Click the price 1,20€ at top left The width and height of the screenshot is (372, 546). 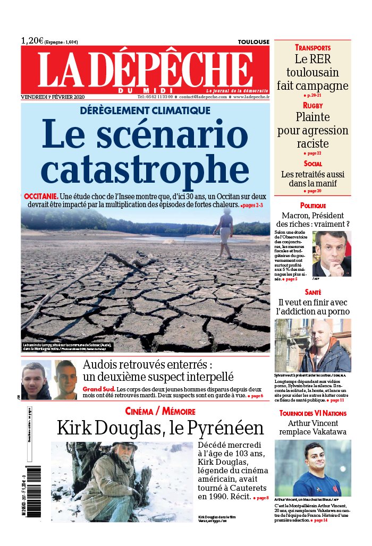32,41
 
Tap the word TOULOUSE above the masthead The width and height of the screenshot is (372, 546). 253,42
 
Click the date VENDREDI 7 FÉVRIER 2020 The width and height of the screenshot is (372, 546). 53,97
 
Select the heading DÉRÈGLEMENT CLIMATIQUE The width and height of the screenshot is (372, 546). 145,110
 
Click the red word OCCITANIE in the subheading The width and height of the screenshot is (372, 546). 41,196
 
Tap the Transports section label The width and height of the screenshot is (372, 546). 313,48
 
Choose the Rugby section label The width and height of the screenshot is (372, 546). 313,106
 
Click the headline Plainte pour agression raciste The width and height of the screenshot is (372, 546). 313,130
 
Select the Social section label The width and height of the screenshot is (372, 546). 313,164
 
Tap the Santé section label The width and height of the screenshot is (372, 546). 313,292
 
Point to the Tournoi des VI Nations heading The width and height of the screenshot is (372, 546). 313,413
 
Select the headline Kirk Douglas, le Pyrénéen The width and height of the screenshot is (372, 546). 160,428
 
